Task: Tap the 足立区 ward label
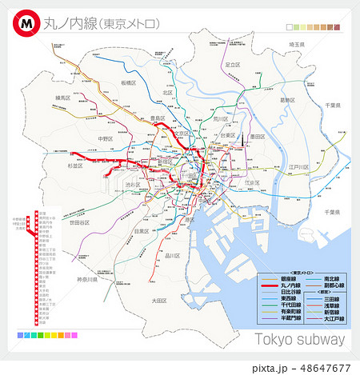[x=233, y=64]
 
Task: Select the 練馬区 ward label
[x=64, y=98]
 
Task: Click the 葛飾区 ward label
[x=288, y=100]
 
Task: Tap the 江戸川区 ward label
[x=298, y=167]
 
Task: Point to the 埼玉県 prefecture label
[x=297, y=45]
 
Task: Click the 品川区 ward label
[x=172, y=256]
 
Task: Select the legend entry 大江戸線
[x=334, y=317]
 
